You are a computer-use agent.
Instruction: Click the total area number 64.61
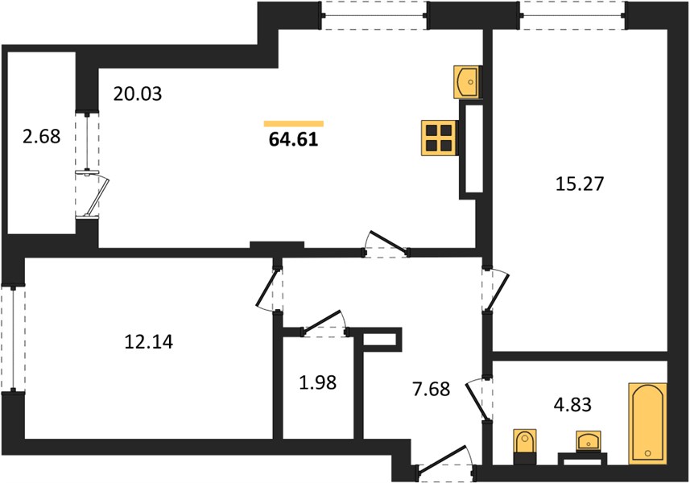[293, 139]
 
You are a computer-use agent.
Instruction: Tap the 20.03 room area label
[138, 93]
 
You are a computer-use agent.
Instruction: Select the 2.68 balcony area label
[41, 136]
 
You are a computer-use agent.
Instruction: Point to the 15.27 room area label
[580, 184]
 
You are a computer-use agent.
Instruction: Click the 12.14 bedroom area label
[149, 342]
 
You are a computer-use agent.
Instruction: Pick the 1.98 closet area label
[318, 382]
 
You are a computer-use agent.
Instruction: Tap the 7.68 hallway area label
[432, 390]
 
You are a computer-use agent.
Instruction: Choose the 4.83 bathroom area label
[572, 405]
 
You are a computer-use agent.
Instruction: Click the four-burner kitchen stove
[440, 138]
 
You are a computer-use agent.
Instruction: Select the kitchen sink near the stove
[467, 82]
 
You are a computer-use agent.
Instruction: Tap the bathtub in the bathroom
[647, 423]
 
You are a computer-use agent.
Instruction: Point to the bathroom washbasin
[589, 441]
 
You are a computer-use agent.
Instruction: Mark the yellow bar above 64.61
[294, 124]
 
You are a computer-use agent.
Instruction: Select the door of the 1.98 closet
[324, 324]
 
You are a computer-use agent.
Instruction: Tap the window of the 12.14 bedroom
[13, 339]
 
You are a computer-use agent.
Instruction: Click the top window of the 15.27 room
[572, 16]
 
